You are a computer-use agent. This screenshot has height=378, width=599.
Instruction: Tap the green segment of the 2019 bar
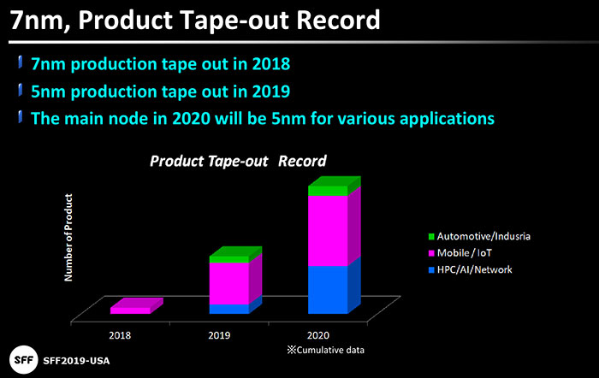228,258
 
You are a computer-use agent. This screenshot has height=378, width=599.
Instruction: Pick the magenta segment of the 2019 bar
228,282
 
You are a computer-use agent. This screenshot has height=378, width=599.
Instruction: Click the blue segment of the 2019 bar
228,308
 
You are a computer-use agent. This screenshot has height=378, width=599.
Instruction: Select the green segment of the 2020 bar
328,191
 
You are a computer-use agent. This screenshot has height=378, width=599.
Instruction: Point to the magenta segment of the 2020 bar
328,231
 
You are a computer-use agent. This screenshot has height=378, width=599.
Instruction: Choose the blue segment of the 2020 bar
328,289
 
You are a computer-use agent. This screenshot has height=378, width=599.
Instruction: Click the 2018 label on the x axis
121,336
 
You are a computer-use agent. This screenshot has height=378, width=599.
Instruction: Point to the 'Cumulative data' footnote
320,351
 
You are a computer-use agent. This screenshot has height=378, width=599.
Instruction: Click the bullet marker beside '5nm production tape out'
19,89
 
